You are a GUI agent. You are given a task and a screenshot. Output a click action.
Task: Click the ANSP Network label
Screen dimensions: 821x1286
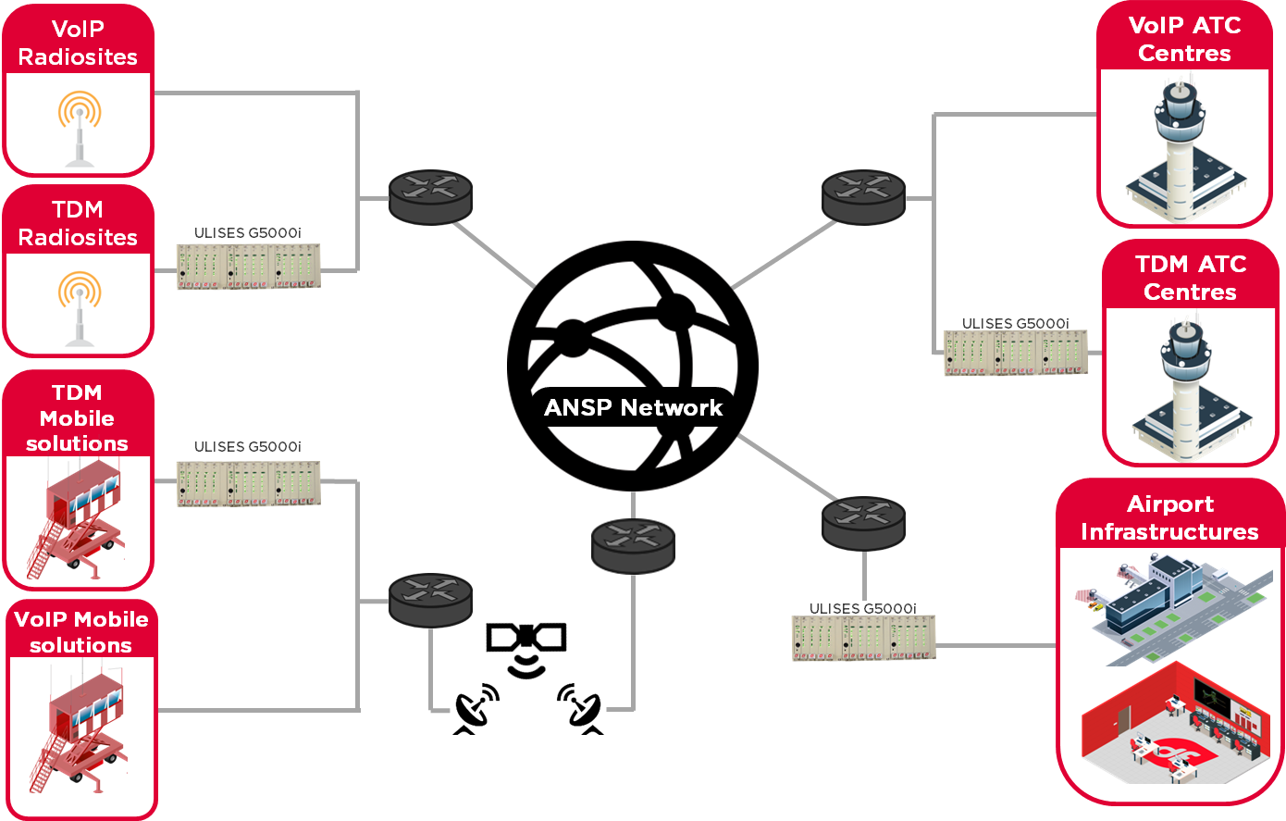633,408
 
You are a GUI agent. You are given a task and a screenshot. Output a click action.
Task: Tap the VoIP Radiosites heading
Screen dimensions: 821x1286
78,43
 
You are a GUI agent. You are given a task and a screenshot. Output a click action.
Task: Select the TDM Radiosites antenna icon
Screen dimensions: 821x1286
79,308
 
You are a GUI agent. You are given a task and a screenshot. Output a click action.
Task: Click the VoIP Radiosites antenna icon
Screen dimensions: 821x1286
79,128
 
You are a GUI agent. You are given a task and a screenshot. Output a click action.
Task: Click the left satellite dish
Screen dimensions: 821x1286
476,709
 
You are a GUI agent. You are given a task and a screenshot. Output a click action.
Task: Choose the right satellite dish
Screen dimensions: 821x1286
581,709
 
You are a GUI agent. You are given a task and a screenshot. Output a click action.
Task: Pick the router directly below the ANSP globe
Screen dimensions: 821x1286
633,544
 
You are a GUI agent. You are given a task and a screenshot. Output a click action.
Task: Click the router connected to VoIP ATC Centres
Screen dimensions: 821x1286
863,196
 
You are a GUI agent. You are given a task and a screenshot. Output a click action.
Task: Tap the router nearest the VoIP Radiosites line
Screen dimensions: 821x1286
430,196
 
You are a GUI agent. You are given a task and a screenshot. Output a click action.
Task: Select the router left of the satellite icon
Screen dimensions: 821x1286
430,600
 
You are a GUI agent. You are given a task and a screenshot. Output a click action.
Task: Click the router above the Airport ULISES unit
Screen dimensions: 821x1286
863,522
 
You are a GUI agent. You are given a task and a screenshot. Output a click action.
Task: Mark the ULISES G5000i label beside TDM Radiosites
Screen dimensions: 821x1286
247,233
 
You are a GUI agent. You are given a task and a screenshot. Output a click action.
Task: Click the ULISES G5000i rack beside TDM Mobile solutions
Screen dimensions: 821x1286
249,482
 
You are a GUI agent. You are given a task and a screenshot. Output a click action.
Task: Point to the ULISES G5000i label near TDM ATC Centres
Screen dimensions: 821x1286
1015,324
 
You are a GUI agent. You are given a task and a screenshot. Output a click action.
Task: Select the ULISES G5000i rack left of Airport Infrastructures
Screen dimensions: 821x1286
863,639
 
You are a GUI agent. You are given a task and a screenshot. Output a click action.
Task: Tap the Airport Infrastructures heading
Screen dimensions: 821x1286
1169,517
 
